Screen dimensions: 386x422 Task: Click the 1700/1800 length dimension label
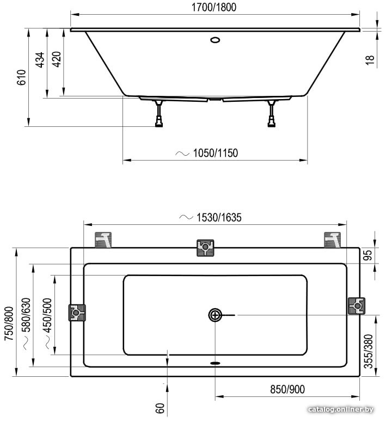click(x=214, y=7)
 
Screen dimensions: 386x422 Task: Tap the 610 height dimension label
click(x=22, y=77)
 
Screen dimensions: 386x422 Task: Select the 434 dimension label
click(x=40, y=60)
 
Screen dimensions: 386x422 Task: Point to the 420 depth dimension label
click(x=57, y=59)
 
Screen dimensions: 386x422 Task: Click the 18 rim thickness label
click(x=370, y=59)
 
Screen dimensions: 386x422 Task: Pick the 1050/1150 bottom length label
click(x=216, y=153)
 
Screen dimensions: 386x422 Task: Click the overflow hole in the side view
click(x=215, y=40)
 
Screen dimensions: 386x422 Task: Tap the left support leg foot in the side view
click(x=159, y=124)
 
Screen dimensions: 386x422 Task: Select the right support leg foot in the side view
click(x=271, y=124)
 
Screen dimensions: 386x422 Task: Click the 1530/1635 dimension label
click(x=219, y=217)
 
